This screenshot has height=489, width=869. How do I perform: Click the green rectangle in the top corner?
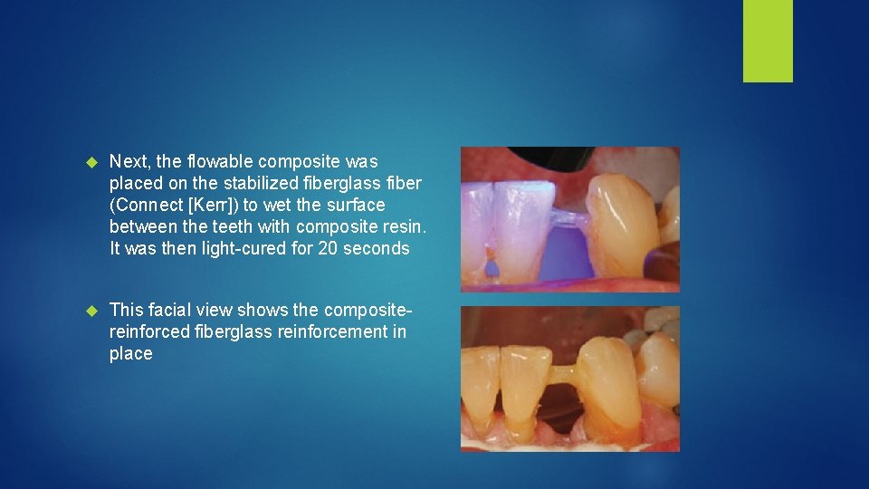coord(768,40)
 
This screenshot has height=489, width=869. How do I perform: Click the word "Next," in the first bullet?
coord(130,162)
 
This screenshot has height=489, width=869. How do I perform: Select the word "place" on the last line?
coord(131,354)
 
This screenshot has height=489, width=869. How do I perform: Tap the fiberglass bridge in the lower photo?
coord(564,372)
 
